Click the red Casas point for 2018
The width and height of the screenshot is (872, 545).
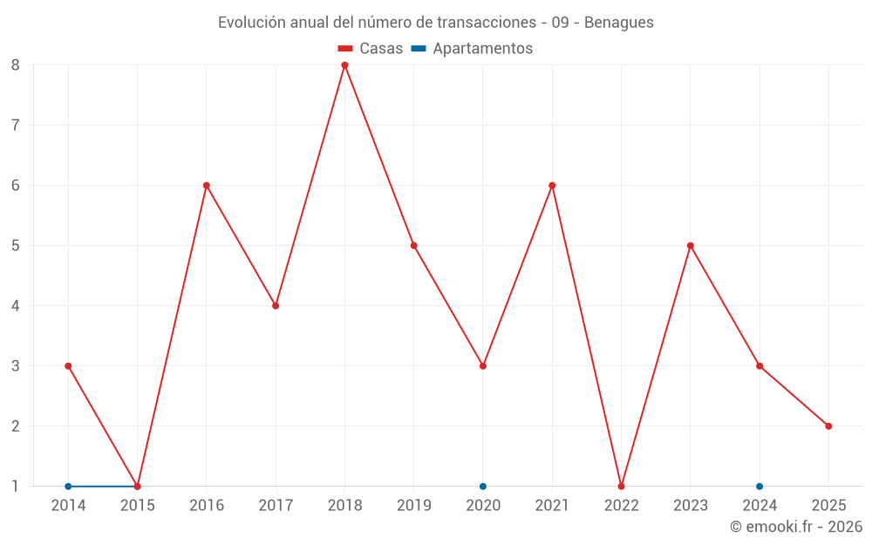click(x=344, y=65)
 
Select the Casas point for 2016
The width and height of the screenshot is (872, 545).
click(x=207, y=185)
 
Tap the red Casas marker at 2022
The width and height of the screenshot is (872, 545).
click(x=621, y=486)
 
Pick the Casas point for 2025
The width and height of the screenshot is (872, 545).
click(x=828, y=426)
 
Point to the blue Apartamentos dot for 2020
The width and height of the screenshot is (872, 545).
click(x=483, y=486)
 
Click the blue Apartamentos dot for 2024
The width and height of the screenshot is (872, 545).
click(x=760, y=486)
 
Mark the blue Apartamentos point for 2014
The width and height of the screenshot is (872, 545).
click(x=68, y=486)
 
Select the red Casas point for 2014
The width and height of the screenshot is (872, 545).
click(x=68, y=365)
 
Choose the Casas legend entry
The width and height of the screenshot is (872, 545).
click(x=371, y=49)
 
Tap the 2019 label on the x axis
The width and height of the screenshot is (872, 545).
click(x=414, y=506)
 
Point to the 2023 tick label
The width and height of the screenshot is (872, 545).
click(x=691, y=506)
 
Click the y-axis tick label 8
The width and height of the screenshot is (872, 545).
click(x=16, y=65)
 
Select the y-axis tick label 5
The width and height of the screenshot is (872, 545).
click(x=16, y=245)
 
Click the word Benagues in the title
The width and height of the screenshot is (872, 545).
click(x=619, y=23)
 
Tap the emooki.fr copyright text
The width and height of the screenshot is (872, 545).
click(x=796, y=527)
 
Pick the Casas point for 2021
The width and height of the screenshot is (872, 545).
click(x=552, y=185)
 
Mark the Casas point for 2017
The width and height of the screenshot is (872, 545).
click(x=276, y=305)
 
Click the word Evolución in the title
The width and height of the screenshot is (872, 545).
click(x=248, y=23)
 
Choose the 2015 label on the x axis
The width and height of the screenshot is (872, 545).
click(x=138, y=506)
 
